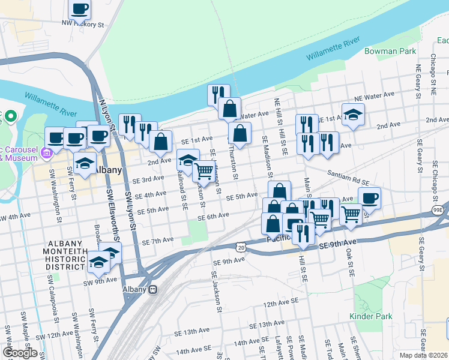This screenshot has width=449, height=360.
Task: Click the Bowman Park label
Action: pos(390,52)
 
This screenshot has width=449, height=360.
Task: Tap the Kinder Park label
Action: pos(366,316)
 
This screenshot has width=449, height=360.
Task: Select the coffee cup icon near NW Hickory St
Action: pos(79,9)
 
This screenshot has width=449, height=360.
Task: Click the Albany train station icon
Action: pos(153,289)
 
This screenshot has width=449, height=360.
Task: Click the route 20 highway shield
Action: pos(241,247)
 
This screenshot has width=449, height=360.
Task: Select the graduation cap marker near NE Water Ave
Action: pos(353,114)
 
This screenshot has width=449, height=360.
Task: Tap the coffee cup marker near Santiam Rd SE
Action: pos(369,197)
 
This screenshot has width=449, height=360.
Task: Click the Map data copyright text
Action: pos(423,355)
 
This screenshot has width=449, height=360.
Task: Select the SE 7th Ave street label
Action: pos(158,240)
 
